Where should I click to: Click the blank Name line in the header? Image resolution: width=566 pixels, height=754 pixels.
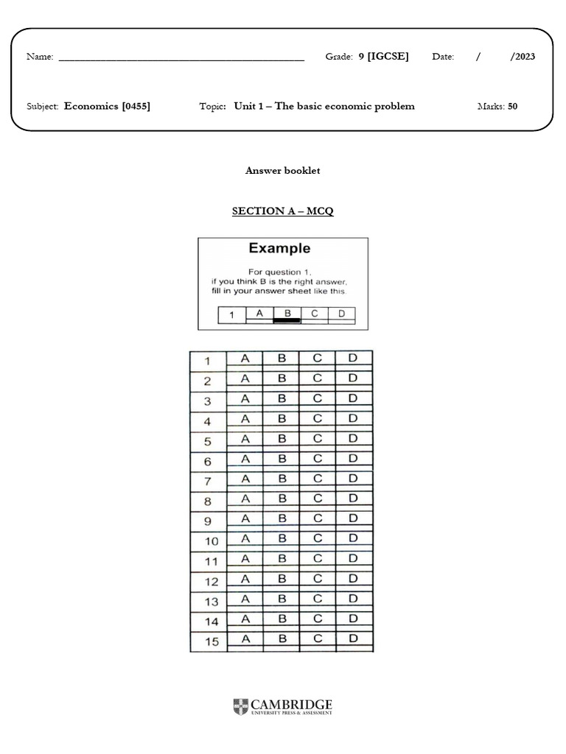point(181,58)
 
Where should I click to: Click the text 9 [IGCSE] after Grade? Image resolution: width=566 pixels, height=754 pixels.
point(383,57)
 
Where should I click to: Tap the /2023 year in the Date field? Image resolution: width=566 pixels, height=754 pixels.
point(523,57)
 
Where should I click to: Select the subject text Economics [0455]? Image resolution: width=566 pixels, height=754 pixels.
point(107,106)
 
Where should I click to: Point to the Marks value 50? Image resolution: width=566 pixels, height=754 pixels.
point(512,106)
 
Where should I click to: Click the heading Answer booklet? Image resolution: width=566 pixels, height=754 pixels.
point(283,170)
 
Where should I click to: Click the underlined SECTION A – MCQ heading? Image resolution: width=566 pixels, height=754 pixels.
point(283,211)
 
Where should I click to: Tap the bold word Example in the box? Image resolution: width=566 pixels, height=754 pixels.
point(279,248)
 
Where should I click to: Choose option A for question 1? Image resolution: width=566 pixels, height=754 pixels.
point(245,359)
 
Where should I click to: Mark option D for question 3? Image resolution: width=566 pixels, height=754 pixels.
point(353,399)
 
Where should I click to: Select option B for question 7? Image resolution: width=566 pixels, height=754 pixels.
point(282,480)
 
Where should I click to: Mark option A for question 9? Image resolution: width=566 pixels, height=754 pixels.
point(245,518)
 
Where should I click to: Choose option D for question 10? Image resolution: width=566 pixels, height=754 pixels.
point(353,539)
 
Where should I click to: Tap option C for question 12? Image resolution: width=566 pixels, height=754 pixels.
point(317,579)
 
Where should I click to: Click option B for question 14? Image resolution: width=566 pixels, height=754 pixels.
point(282,619)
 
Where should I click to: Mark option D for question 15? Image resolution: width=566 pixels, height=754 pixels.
point(353,639)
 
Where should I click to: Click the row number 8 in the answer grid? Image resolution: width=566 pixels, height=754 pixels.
point(208,501)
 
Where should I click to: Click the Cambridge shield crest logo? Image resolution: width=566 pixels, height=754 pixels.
point(240,707)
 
